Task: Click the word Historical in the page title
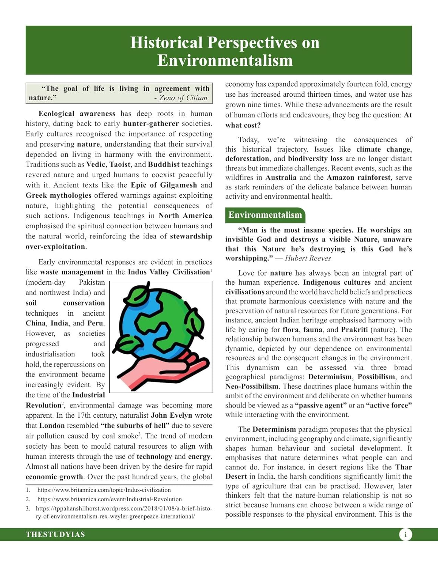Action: pos(166,43)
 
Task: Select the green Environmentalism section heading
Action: pos(265,215)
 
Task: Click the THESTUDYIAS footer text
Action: pos(55,534)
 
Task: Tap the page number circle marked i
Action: pos(405,534)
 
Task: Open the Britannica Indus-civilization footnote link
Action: pos(104,490)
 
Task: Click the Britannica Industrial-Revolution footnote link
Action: pos(109,499)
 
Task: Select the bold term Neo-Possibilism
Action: pos(251,386)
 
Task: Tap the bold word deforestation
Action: pos(247,159)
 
